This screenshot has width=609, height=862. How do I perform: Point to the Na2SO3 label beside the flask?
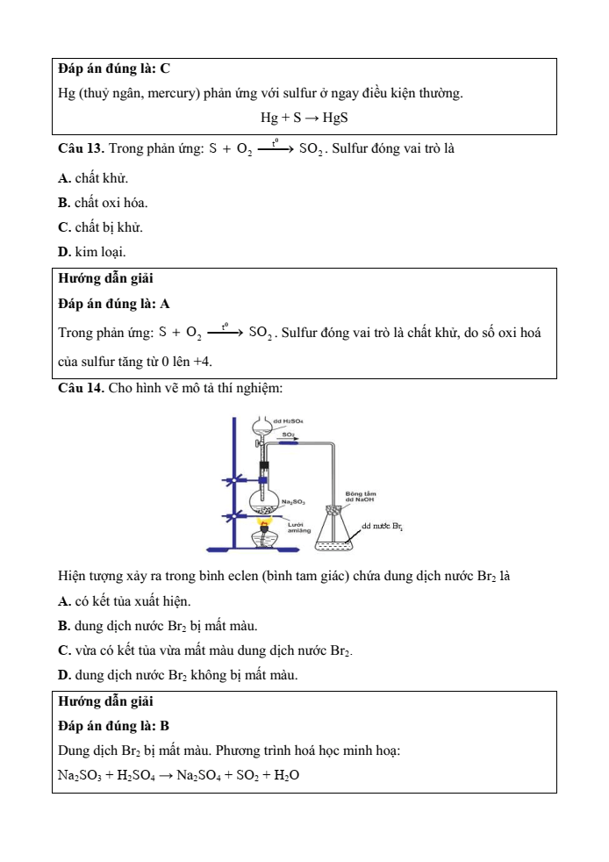(x=293, y=501)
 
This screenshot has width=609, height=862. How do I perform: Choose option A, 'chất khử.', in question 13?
(x=92, y=179)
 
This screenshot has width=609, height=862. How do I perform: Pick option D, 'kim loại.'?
(x=91, y=252)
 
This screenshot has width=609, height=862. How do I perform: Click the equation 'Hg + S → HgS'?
(x=304, y=118)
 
